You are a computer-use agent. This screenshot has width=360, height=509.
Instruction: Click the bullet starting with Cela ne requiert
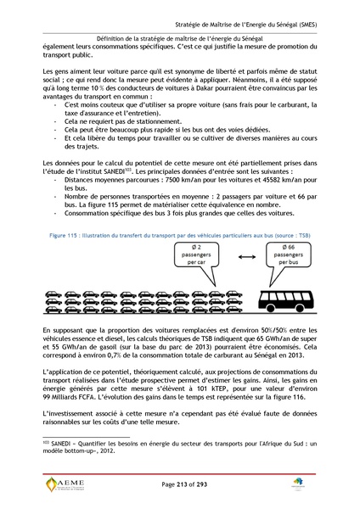pos(123,122)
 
